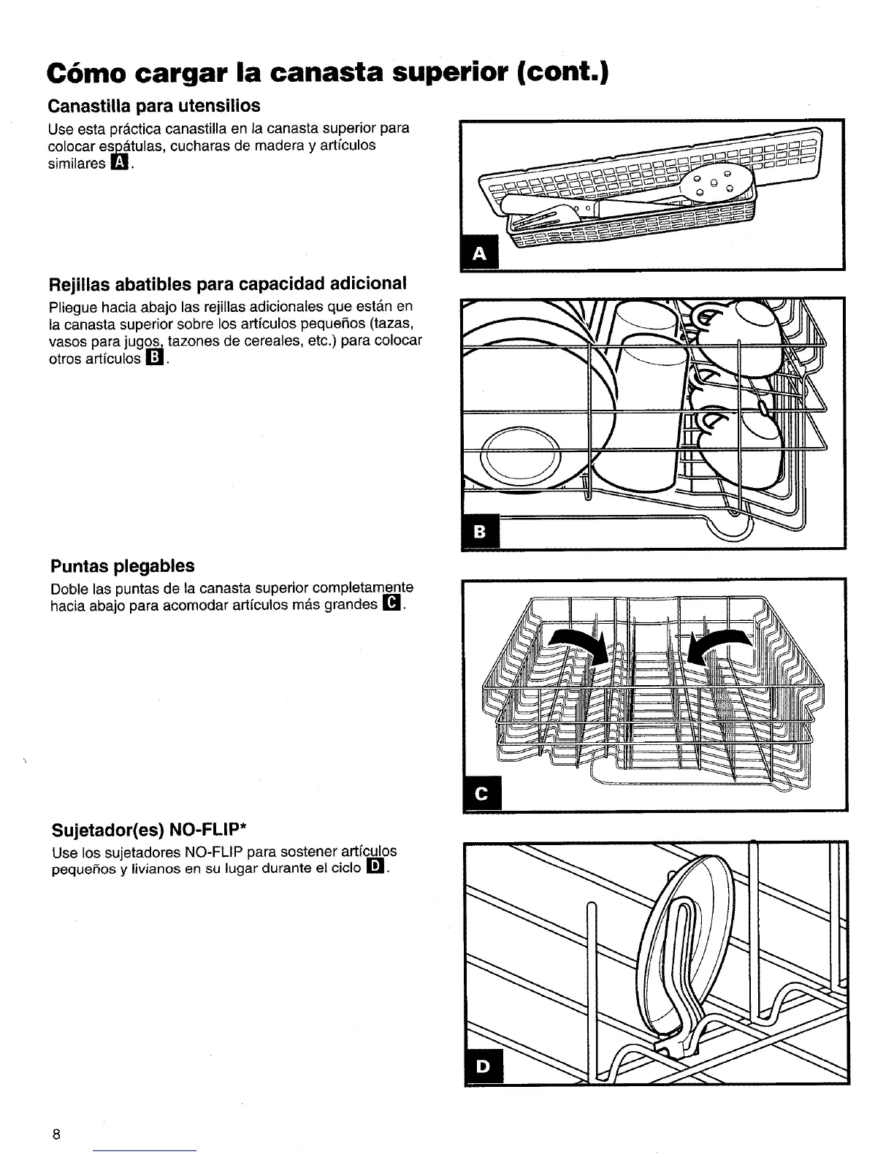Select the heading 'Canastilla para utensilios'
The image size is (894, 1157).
pos(153,106)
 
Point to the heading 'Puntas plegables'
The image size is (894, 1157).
pos(123,566)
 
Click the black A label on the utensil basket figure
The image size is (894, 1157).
pos(479,253)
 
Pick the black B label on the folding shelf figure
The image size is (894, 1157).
pos(480,532)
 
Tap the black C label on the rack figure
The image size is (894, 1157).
pos(481,795)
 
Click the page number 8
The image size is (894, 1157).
pos(56,1134)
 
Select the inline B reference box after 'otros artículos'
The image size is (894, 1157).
pos(154,359)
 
